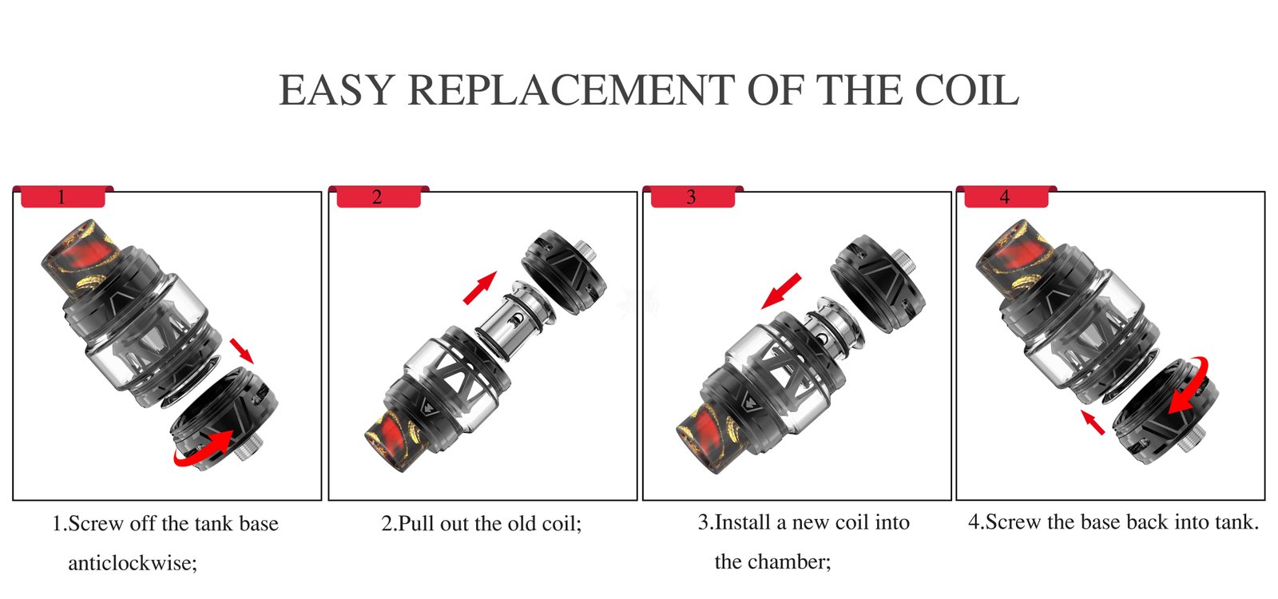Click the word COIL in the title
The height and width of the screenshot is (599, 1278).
(x=967, y=90)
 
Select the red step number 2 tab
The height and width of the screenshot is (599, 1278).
(x=379, y=196)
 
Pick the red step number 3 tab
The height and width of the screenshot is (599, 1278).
(x=693, y=196)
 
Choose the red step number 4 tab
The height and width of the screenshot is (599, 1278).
(x=1006, y=196)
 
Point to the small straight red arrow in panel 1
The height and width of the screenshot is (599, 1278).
(x=242, y=351)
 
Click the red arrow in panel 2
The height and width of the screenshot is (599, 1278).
(x=480, y=288)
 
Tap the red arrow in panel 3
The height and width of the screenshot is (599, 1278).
(x=782, y=291)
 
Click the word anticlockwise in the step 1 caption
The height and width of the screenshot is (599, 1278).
(x=133, y=564)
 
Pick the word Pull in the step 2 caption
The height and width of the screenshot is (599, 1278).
(x=416, y=524)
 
